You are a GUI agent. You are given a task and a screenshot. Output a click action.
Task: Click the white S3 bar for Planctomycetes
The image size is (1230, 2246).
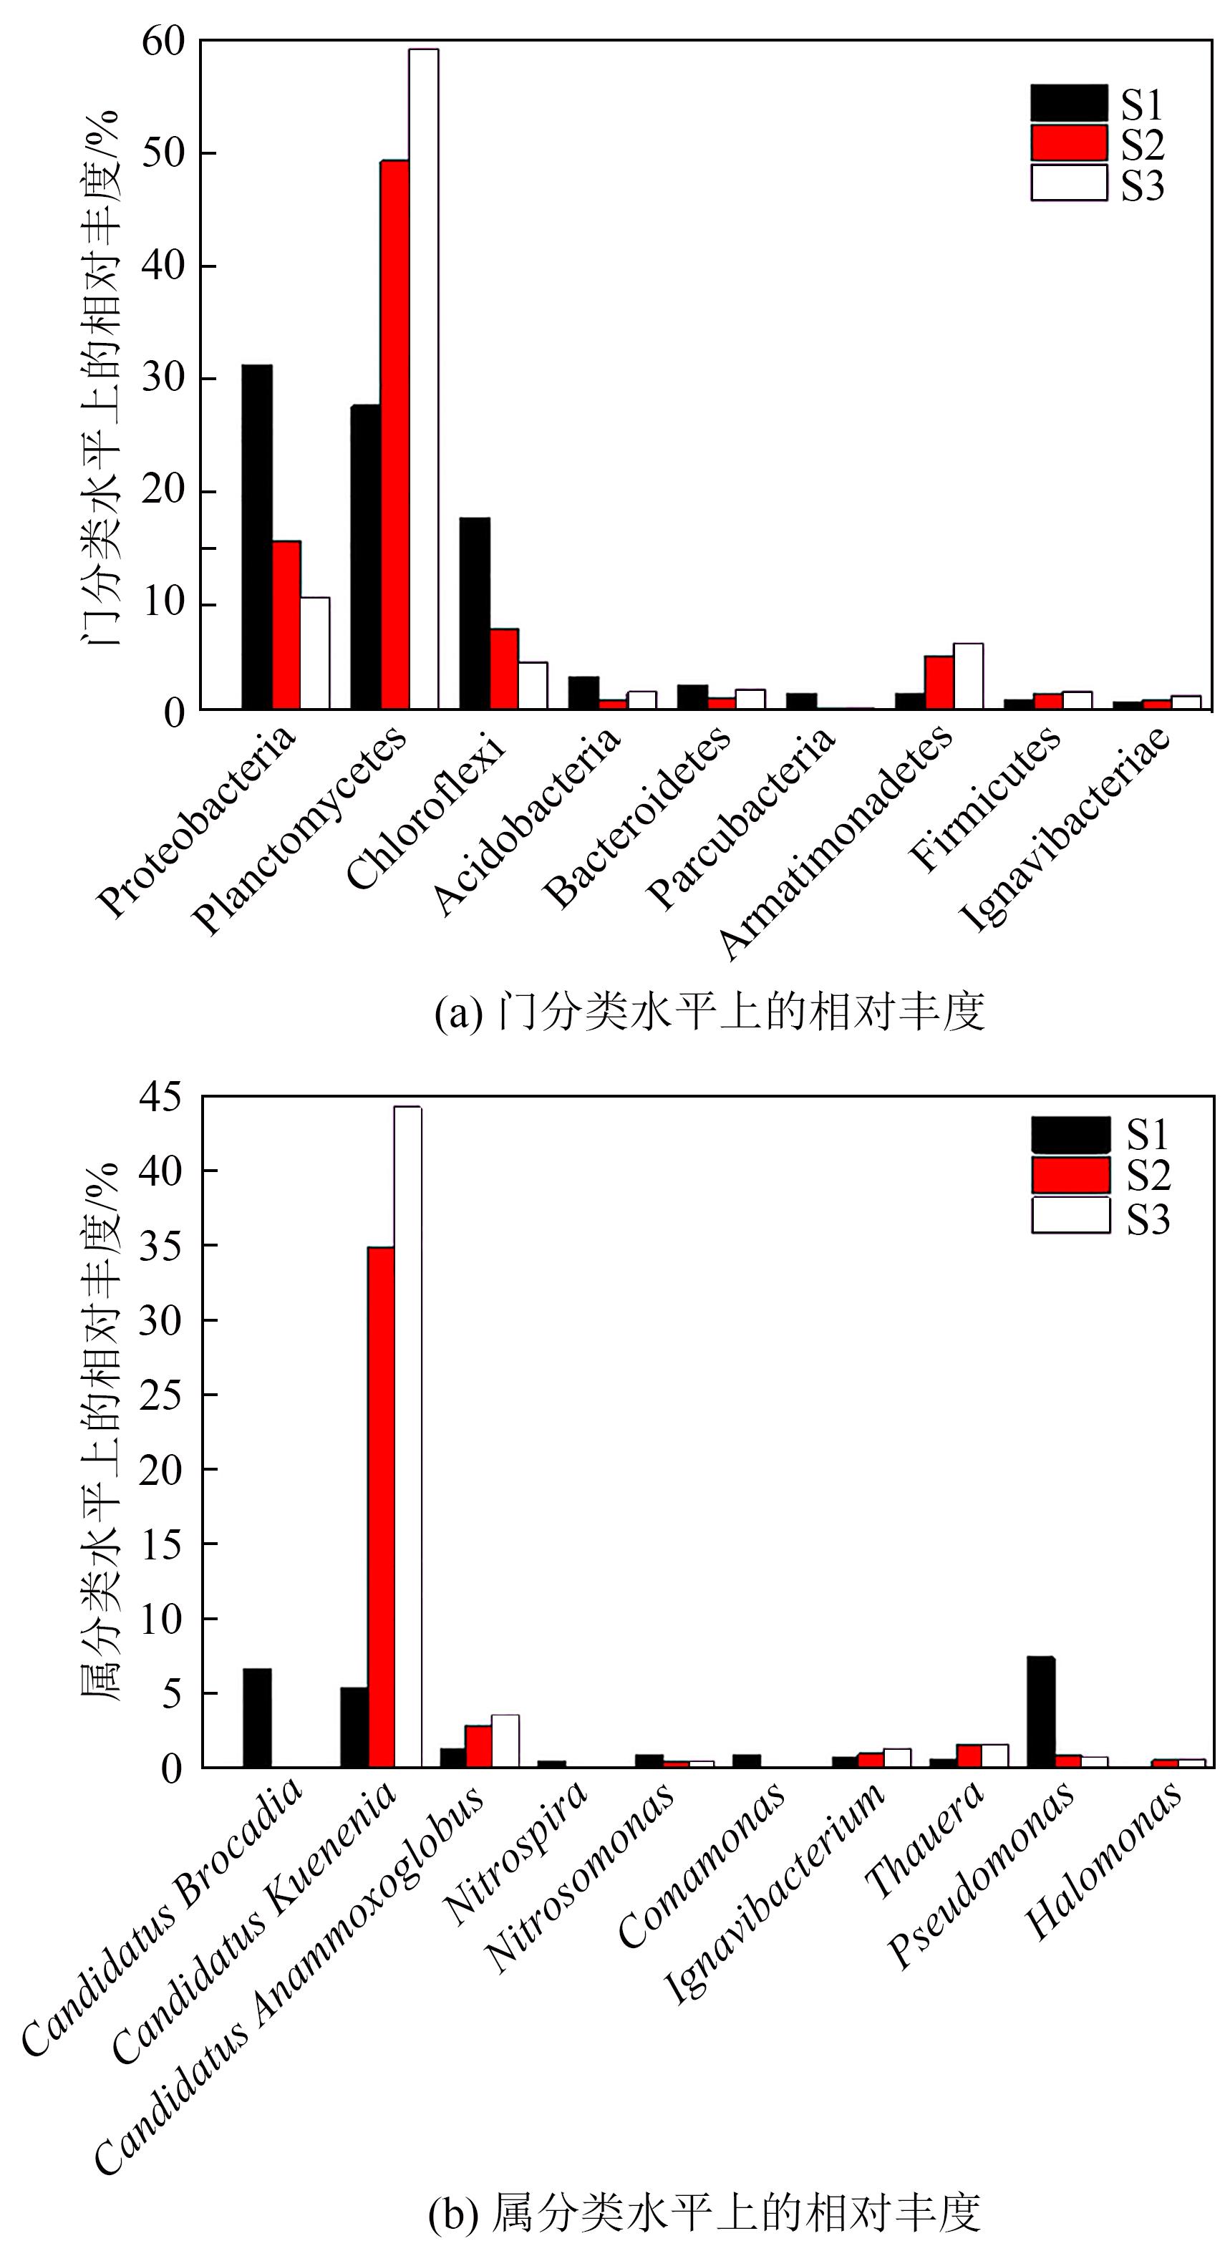(x=424, y=379)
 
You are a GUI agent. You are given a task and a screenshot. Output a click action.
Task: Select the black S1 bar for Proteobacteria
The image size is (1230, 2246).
(x=257, y=536)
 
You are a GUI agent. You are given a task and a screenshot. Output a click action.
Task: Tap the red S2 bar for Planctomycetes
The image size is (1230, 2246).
(x=394, y=434)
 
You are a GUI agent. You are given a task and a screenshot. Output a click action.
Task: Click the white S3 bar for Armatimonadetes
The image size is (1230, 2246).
(x=968, y=676)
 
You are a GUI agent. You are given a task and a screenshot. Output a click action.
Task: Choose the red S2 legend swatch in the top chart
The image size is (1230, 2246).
(x=1069, y=143)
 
